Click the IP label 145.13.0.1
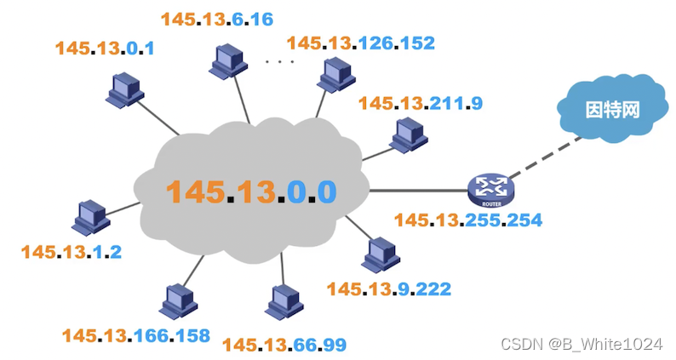105,49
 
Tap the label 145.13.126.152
361,43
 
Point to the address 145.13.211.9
421,103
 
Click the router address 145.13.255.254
468,220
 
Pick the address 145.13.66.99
284,344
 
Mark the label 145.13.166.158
135,335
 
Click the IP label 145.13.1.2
72,253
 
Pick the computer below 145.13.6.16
227,60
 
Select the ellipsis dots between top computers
279,61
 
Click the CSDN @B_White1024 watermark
581,344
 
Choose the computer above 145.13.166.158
176,300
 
